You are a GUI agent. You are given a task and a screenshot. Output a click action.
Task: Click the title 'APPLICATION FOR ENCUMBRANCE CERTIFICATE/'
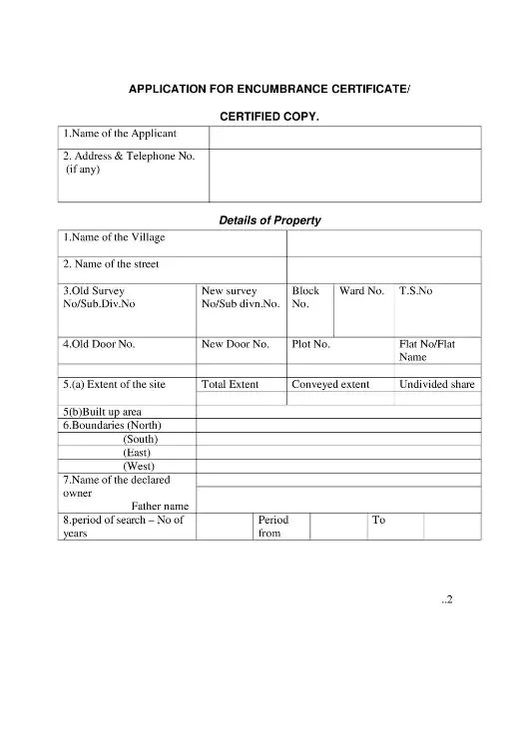[269, 90]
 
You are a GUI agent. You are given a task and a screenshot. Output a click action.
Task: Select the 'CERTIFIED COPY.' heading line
[269, 117]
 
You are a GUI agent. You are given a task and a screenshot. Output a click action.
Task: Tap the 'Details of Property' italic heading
[269, 220]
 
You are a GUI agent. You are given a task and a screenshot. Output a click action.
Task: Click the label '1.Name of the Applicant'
[120, 134]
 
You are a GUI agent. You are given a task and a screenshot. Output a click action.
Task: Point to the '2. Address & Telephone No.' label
[129, 156]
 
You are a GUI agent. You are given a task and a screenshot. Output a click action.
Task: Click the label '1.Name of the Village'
[115, 237]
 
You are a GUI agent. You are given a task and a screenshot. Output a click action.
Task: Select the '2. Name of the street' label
[111, 264]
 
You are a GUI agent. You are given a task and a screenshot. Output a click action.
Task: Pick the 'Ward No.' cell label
[361, 291]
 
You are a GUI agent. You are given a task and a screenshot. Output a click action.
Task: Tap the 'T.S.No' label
[416, 291]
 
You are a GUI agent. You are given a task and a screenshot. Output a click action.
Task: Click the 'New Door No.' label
[236, 344]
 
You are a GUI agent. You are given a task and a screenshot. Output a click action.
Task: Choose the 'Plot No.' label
[310, 344]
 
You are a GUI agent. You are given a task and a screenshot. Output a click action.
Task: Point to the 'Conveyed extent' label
[330, 384]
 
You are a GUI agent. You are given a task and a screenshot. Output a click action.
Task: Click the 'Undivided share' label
[437, 384]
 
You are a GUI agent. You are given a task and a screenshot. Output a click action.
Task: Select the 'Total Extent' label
[231, 384]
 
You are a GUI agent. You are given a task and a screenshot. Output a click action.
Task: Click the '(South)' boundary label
[141, 439]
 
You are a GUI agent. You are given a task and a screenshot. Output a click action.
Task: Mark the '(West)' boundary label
[139, 466]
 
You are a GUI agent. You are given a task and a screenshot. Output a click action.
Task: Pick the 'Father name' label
[160, 506]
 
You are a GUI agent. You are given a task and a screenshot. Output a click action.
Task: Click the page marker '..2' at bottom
[447, 599]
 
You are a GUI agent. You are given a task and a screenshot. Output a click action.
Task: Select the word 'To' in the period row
[378, 520]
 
